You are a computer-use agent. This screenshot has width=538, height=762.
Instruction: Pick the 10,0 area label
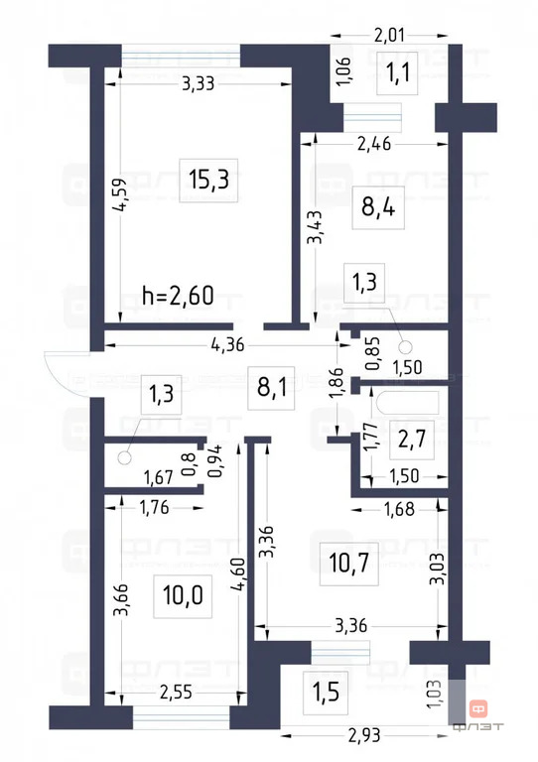coord(181,595)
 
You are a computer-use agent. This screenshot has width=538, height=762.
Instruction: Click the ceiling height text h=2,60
coord(179,295)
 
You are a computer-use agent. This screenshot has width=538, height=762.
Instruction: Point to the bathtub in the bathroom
coord(406,402)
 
